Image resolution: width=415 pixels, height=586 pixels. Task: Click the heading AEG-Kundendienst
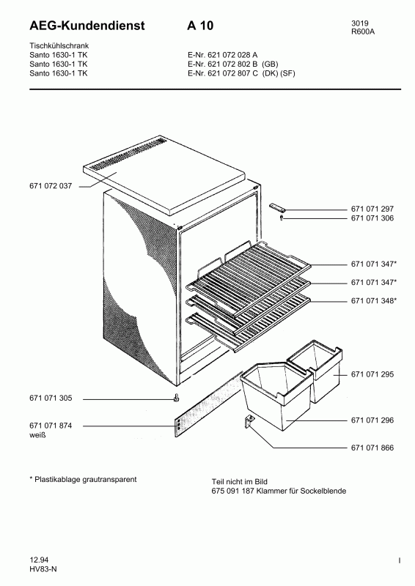coord(87,26)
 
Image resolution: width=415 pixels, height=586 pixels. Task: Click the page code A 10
coord(200,26)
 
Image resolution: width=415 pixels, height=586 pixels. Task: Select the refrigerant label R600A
coord(363,31)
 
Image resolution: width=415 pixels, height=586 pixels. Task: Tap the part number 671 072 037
coord(51,186)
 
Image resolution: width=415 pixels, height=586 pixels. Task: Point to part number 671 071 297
coord(372,209)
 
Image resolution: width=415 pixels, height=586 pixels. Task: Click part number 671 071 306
coord(372,218)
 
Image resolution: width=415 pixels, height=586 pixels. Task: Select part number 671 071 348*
coord(374,300)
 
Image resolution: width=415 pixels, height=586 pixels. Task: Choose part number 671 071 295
coord(372,374)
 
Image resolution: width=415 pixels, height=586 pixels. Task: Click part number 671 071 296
coord(372,420)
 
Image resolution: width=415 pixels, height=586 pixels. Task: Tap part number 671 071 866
coord(372,448)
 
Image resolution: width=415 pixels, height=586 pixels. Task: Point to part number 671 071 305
coord(51,398)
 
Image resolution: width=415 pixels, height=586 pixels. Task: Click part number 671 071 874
coord(51,426)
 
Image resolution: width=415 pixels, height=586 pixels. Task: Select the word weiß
coord(37,435)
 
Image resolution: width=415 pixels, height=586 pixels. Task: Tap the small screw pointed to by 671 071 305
coord(175,398)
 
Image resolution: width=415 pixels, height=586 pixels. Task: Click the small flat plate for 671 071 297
coord(277,207)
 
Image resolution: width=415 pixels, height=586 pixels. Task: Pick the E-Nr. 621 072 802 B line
coord(232,64)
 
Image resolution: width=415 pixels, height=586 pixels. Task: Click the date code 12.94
coord(39,560)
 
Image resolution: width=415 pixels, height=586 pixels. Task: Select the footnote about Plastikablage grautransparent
coord(83,480)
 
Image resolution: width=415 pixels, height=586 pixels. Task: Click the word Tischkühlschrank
coord(59,45)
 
